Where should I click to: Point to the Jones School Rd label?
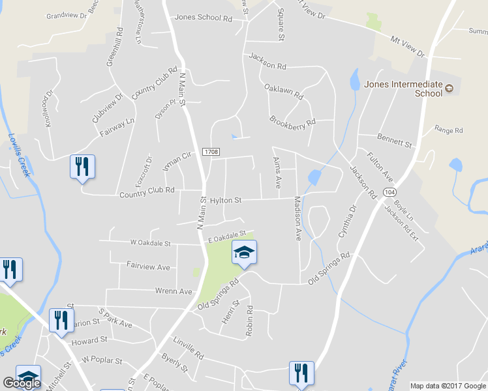click(x=204, y=19)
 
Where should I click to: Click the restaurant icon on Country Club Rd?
click(x=83, y=167)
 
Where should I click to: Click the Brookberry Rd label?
click(x=292, y=121)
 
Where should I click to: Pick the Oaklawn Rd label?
click(x=284, y=91)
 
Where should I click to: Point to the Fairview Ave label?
click(x=148, y=267)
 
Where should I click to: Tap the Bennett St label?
click(x=395, y=139)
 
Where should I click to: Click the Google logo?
click(x=21, y=383)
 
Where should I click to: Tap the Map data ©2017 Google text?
click(x=448, y=386)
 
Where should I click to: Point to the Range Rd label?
click(x=449, y=130)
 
